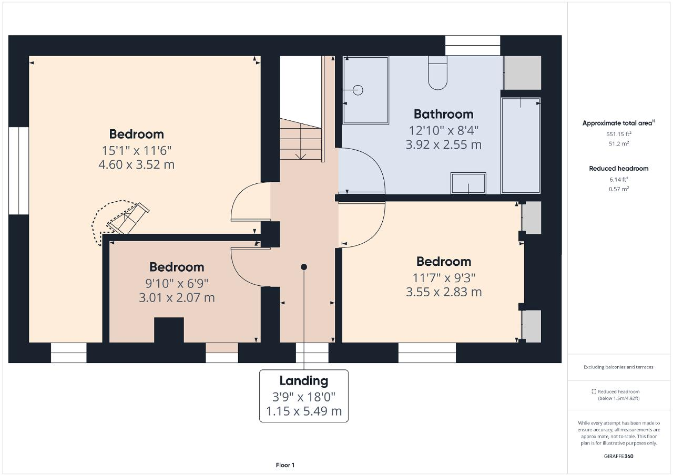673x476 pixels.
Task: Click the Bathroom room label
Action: [443, 115]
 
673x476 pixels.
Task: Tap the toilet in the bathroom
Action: [438, 73]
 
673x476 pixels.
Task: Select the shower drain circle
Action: [358, 90]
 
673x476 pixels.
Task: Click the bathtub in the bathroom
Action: [521, 146]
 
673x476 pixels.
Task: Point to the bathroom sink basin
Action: [468, 183]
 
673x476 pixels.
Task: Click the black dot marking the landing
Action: [304, 267]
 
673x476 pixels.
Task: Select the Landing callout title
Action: [304, 381]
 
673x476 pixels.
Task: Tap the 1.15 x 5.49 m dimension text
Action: [304, 411]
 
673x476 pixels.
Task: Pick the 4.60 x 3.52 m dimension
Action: [136, 165]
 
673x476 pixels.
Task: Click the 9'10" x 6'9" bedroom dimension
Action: [177, 283]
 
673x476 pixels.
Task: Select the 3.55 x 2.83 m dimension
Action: [444, 292]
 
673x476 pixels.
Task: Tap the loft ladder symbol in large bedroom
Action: [129, 219]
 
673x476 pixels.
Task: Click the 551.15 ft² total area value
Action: [619, 134]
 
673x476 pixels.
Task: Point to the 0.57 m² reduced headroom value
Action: [619, 189]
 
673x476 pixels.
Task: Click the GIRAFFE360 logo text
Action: [618, 457]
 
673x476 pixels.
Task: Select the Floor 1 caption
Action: [285, 465]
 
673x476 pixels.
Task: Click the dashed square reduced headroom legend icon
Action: [594, 391]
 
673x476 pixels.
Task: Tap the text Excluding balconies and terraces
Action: [618, 367]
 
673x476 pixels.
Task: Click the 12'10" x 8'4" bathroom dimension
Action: [443, 130]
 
